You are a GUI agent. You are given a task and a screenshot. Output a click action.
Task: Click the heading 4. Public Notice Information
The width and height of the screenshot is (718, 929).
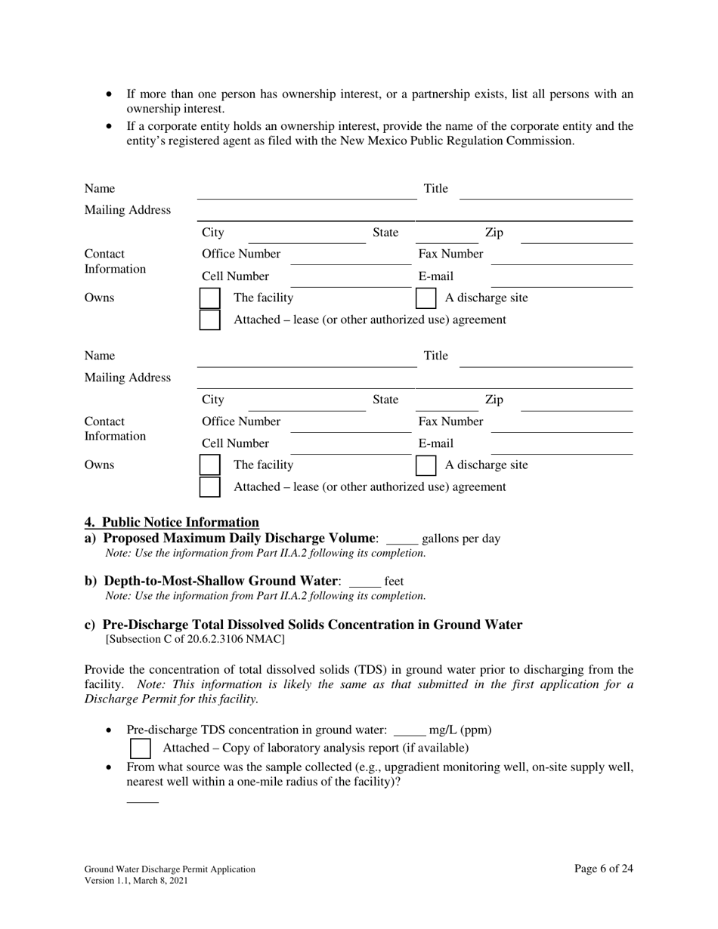[x=172, y=523]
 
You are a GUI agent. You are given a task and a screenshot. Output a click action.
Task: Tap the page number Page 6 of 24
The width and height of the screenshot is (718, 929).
[x=603, y=869]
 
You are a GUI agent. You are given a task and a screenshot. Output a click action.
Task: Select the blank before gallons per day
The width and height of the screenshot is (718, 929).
[x=401, y=539]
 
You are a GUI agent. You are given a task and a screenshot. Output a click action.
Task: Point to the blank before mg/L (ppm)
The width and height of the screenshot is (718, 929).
[x=410, y=730]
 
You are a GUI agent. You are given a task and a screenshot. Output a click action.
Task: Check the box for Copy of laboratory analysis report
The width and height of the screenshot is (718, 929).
[x=141, y=748]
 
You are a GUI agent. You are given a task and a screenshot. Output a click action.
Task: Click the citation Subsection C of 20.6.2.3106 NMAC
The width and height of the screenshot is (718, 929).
[x=195, y=640]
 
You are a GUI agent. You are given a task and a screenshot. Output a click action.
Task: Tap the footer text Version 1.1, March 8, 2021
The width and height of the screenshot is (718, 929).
[x=136, y=881]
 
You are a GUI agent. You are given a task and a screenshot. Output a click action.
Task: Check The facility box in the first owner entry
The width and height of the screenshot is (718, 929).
[x=209, y=298]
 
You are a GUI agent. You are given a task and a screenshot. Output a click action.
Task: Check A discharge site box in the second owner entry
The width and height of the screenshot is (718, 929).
[x=426, y=465]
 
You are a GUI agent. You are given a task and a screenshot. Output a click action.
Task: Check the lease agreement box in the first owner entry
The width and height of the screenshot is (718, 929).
[x=209, y=320]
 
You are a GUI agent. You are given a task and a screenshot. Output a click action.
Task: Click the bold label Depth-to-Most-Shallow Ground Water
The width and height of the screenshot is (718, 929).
[x=220, y=581]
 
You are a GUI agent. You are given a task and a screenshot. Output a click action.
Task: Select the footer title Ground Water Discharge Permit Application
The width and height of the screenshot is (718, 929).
[x=169, y=869]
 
